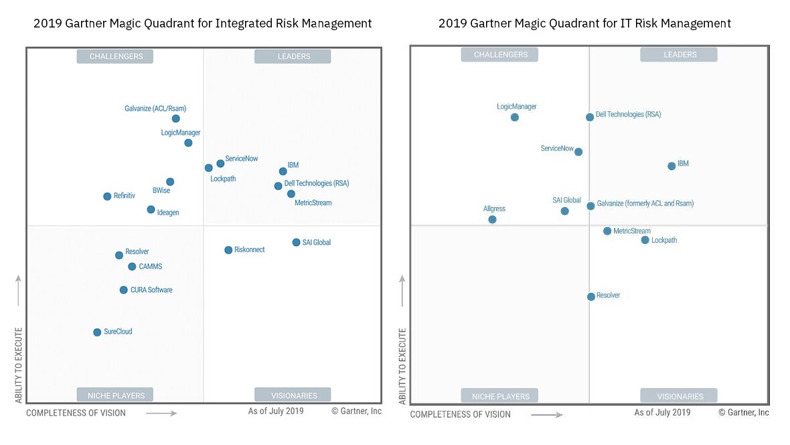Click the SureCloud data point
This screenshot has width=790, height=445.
click(x=97, y=332)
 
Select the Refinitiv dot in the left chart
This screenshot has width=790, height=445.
click(x=107, y=196)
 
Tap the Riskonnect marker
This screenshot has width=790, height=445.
click(x=228, y=250)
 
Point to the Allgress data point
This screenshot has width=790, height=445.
click(x=492, y=219)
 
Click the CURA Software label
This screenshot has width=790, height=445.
click(x=151, y=290)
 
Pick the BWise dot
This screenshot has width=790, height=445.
click(x=170, y=182)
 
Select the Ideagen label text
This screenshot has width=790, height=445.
click(x=168, y=212)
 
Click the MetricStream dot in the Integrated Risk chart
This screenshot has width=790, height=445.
click(x=291, y=194)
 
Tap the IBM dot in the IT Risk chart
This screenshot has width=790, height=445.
click(x=671, y=166)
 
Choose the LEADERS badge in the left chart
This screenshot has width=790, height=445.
click(x=294, y=56)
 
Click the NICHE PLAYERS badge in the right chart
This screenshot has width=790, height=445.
click(x=501, y=396)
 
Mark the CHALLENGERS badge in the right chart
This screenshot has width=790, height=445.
click(x=501, y=54)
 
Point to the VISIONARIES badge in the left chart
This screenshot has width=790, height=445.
click(x=294, y=395)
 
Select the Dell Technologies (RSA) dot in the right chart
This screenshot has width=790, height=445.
click(x=590, y=117)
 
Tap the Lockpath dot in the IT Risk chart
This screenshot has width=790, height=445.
click(x=645, y=240)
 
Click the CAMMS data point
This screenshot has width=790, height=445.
click(x=132, y=267)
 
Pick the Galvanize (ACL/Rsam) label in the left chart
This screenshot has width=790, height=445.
click(x=155, y=109)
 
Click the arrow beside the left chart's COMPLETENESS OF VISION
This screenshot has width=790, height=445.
click(x=161, y=414)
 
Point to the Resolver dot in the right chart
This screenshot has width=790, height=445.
click(x=590, y=297)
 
